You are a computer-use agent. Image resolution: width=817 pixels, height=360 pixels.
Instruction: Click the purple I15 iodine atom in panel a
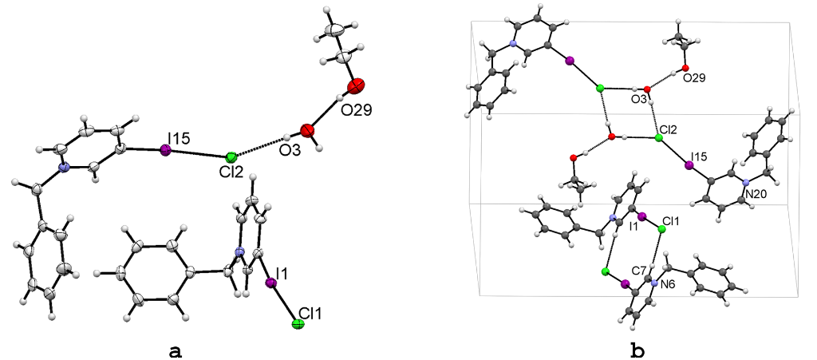click(x=165, y=149)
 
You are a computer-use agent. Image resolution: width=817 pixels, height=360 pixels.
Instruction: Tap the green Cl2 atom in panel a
click(x=231, y=157)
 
